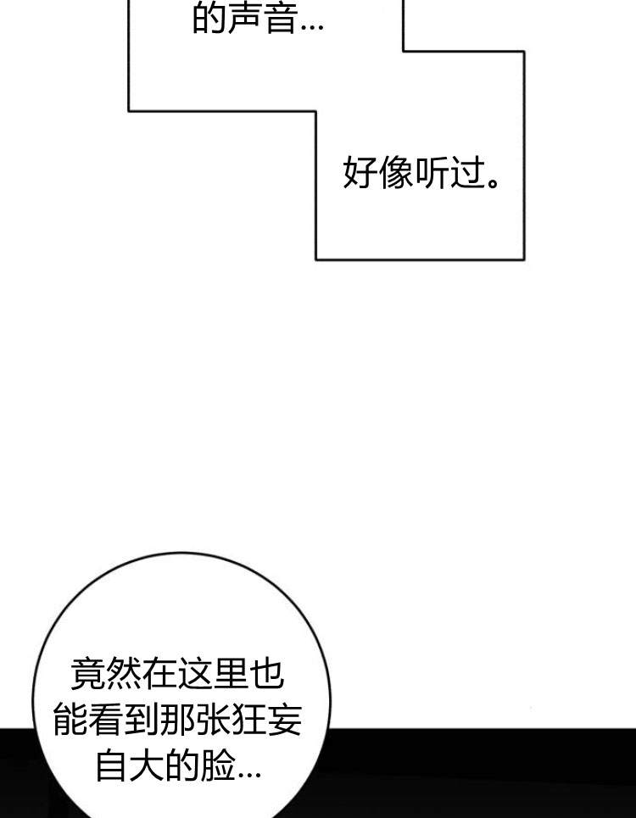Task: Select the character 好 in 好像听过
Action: [360, 173]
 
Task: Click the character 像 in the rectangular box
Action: [396, 173]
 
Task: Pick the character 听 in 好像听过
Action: [432, 173]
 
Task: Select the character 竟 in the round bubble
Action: [87, 674]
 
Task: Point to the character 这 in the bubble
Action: [194, 674]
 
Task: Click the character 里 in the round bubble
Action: [231, 674]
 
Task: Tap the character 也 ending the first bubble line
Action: [266, 674]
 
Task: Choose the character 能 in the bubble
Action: [70, 720]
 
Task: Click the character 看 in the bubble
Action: [106, 720]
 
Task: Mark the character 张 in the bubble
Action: [213, 720]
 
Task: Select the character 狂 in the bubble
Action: [248, 720]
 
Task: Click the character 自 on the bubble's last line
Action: [112, 765]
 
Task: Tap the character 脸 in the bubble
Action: [218, 765]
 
